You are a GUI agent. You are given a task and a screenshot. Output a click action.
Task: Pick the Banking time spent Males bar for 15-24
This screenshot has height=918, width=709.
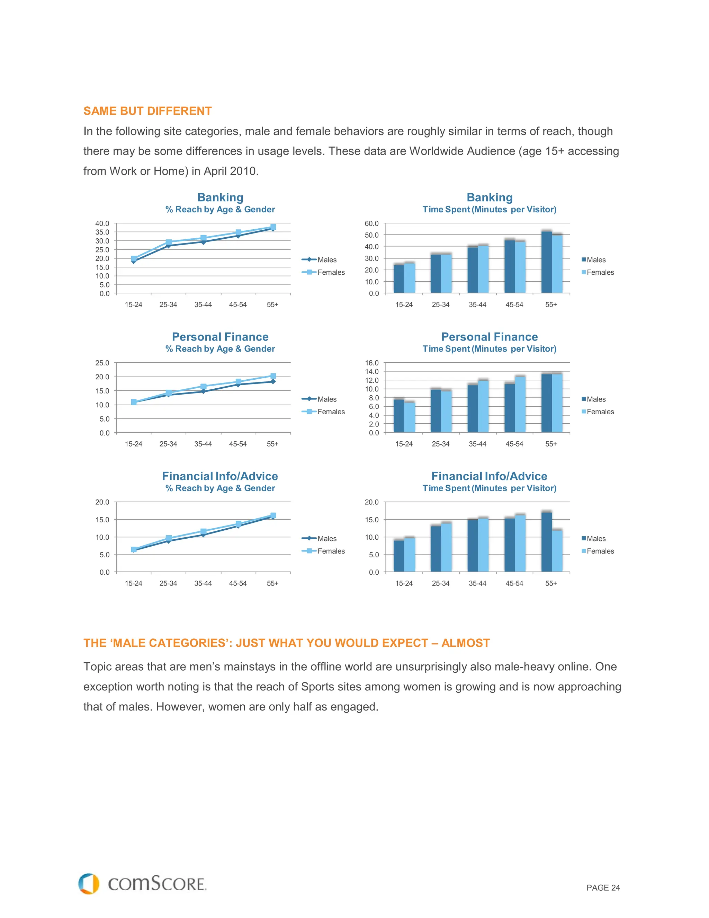pyautogui.click(x=398, y=279)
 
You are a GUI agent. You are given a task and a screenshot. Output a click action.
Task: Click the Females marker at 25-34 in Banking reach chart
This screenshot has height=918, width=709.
pyautogui.click(x=169, y=242)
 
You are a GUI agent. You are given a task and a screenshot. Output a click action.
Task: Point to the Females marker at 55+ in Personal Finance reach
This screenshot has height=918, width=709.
pyautogui.click(x=273, y=376)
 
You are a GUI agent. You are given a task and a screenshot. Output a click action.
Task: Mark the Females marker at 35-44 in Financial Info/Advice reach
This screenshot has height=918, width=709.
pyautogui.click(x=203, y=531)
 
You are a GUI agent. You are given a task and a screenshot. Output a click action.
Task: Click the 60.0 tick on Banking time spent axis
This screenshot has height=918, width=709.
pyautogui.click(x=371, y=224)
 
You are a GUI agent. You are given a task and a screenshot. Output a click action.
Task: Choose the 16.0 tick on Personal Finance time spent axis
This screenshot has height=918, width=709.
pyautogui.click(x=371, y=363)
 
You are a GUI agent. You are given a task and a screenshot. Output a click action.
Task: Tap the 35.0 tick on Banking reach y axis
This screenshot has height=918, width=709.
pyautogui.click(x=102, y=232)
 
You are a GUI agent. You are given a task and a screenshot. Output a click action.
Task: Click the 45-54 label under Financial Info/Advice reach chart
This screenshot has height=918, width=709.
pyautogui.click(x=238, y=583)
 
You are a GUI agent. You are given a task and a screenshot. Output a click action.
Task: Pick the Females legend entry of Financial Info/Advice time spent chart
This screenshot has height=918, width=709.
pyautogui.click(x=600, y=551)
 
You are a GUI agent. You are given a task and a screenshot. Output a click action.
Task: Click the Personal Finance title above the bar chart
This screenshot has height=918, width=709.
pyautogui.click(x=489, y=337)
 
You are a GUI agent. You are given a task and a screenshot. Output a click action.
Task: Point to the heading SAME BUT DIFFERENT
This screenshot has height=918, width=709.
pyautogui.click(x=147, y=111)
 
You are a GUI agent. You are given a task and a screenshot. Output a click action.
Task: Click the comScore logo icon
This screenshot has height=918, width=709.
pyautogui.click(x=89, y=884)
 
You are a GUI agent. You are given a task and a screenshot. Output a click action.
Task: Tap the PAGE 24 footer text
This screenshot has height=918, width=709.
pyautogui.click(x=603, y=888)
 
